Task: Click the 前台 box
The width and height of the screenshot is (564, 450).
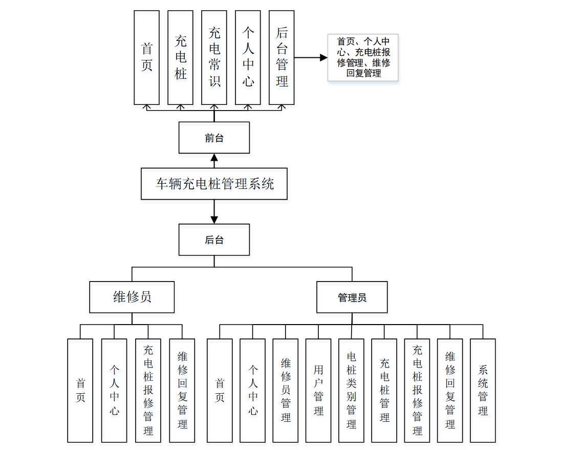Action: click(214, 138)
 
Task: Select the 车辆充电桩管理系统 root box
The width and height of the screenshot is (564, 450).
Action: click(214, 184)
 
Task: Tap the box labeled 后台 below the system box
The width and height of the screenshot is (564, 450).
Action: click(214, 240)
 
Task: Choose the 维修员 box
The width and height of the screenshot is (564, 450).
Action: click(132, 297)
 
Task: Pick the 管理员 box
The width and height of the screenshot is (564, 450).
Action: click(352, 297)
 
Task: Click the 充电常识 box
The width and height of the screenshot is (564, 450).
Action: click(214, 57)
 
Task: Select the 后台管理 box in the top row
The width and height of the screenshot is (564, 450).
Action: click(281, 57)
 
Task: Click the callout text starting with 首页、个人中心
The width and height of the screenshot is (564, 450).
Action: click(363, 57)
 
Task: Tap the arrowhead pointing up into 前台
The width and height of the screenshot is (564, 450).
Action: click(214, 157)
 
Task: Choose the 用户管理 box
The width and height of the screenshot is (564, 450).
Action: click(318, 390)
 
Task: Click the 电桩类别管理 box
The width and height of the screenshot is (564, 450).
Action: click(351, 390)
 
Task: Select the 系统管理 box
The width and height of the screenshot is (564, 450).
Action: click(483, 390)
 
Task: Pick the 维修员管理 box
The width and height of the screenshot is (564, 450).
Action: click(286, 390)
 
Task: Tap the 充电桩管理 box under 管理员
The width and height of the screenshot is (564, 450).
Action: click(384, 390)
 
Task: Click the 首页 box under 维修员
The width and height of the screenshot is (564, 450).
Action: click(80, 390)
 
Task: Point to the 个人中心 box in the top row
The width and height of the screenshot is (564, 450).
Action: click(248, 57)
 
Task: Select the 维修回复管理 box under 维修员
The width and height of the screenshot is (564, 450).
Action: click(182, 390)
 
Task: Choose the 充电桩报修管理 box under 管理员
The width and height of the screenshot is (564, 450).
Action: click(417, 390)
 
